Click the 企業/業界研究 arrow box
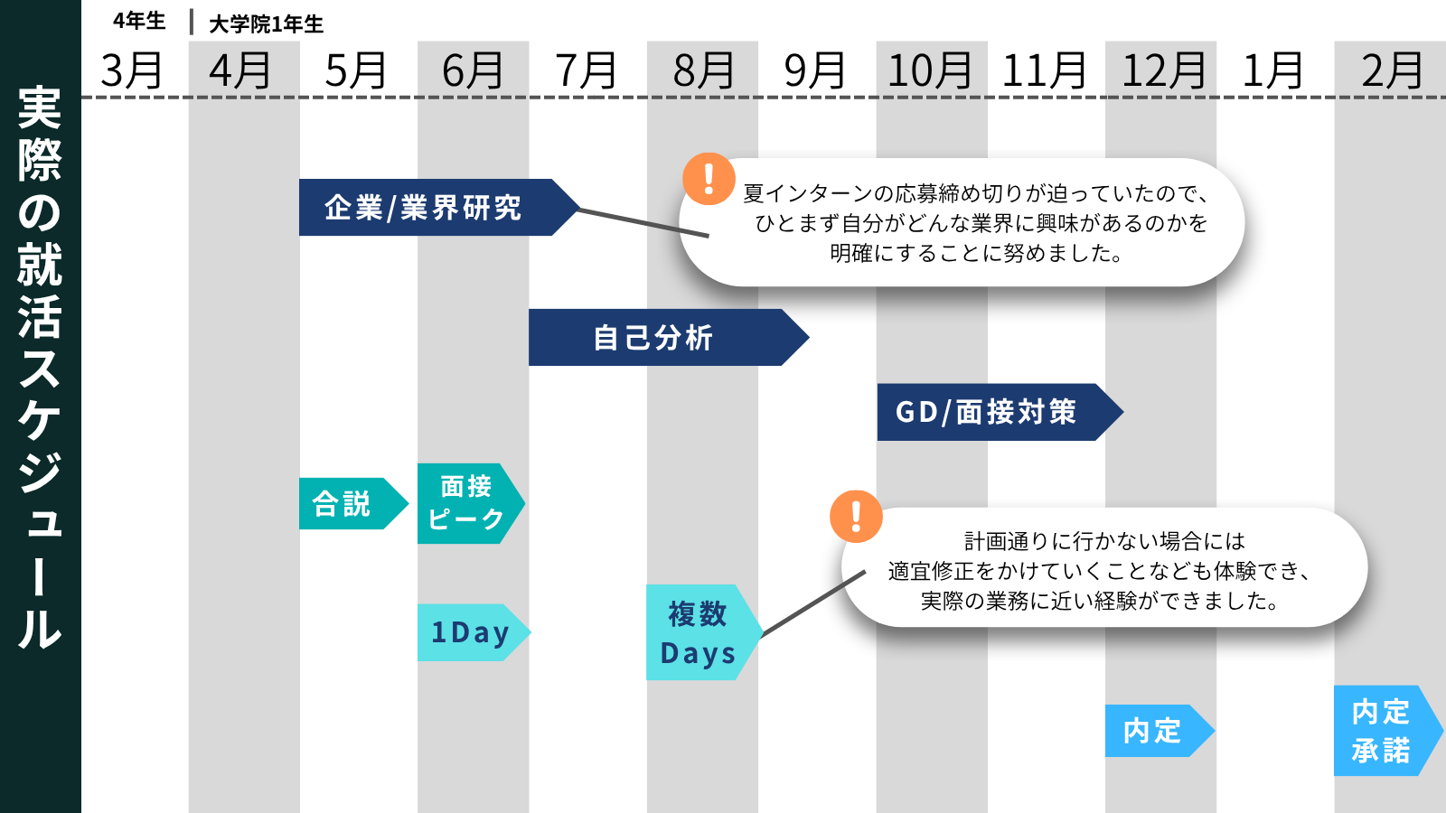(425, 208)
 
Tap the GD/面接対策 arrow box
(987, 412)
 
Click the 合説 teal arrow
(343, 503)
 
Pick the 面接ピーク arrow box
(466, 503)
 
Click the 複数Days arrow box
(698, 632)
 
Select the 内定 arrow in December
(1153, 730)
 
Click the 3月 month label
(132, 70)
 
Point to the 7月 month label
(587, 70)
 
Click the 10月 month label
(930, 70)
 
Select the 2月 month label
(1393, 70)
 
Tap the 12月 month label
(1164, 70)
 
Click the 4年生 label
(139, 21)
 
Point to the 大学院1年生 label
(266, 23)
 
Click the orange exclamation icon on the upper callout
(709, 179)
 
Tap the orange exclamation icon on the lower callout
(856, 517)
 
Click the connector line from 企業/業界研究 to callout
(643, 223)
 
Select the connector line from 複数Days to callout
(813, 603)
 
